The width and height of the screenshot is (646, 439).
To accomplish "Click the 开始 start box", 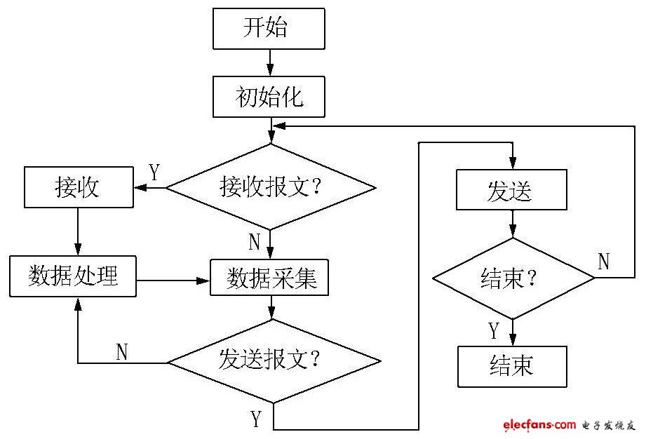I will [x=269, y=29].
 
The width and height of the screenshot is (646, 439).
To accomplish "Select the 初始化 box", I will [x=269, y=97].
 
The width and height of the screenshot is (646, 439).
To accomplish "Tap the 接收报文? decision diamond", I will [x=270, y=187].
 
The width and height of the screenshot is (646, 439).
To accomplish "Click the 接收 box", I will [x=78, y=187].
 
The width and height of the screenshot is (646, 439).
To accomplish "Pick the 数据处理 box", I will [x=73, y=276].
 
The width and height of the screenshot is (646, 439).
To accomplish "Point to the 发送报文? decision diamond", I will [x=273, y=361].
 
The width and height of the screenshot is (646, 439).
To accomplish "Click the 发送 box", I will [x=511, y=190].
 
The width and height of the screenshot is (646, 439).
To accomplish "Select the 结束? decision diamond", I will [x=513, y=278].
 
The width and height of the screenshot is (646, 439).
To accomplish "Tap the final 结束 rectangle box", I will [x=511, y=365].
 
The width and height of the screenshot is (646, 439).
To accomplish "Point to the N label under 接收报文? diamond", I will [x=255, y=243].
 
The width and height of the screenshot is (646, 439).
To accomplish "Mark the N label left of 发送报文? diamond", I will [x=122, y=352].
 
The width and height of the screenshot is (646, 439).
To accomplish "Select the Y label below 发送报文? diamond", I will [x=257, y=419].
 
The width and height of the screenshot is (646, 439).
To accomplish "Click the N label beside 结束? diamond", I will [x=603, y=262].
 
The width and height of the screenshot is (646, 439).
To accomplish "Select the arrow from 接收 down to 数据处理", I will [x=77, y=231].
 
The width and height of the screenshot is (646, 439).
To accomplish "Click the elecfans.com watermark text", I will [x=539, y=425].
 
